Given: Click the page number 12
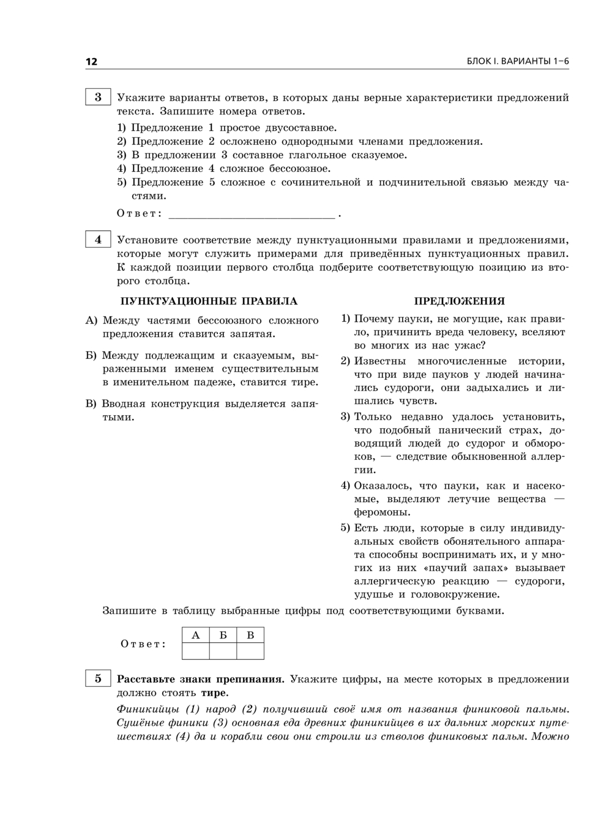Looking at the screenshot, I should (91, 61).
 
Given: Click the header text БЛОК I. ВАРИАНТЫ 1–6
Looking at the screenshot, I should (518, 61).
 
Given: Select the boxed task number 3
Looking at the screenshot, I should (98, 97).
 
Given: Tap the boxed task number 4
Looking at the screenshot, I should (98, 240).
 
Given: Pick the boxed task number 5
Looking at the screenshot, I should (98, 678).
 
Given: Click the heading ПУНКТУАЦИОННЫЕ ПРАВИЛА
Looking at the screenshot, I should (209, 301).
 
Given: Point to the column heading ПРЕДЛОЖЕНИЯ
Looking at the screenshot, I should (459, 301).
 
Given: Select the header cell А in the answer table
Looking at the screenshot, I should (196, 635).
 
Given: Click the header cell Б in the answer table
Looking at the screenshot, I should (223, 635).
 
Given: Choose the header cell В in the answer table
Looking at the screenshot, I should (250, 635).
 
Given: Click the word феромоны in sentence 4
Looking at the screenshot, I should (381, 512).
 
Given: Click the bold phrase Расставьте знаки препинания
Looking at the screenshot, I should (201, 679).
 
